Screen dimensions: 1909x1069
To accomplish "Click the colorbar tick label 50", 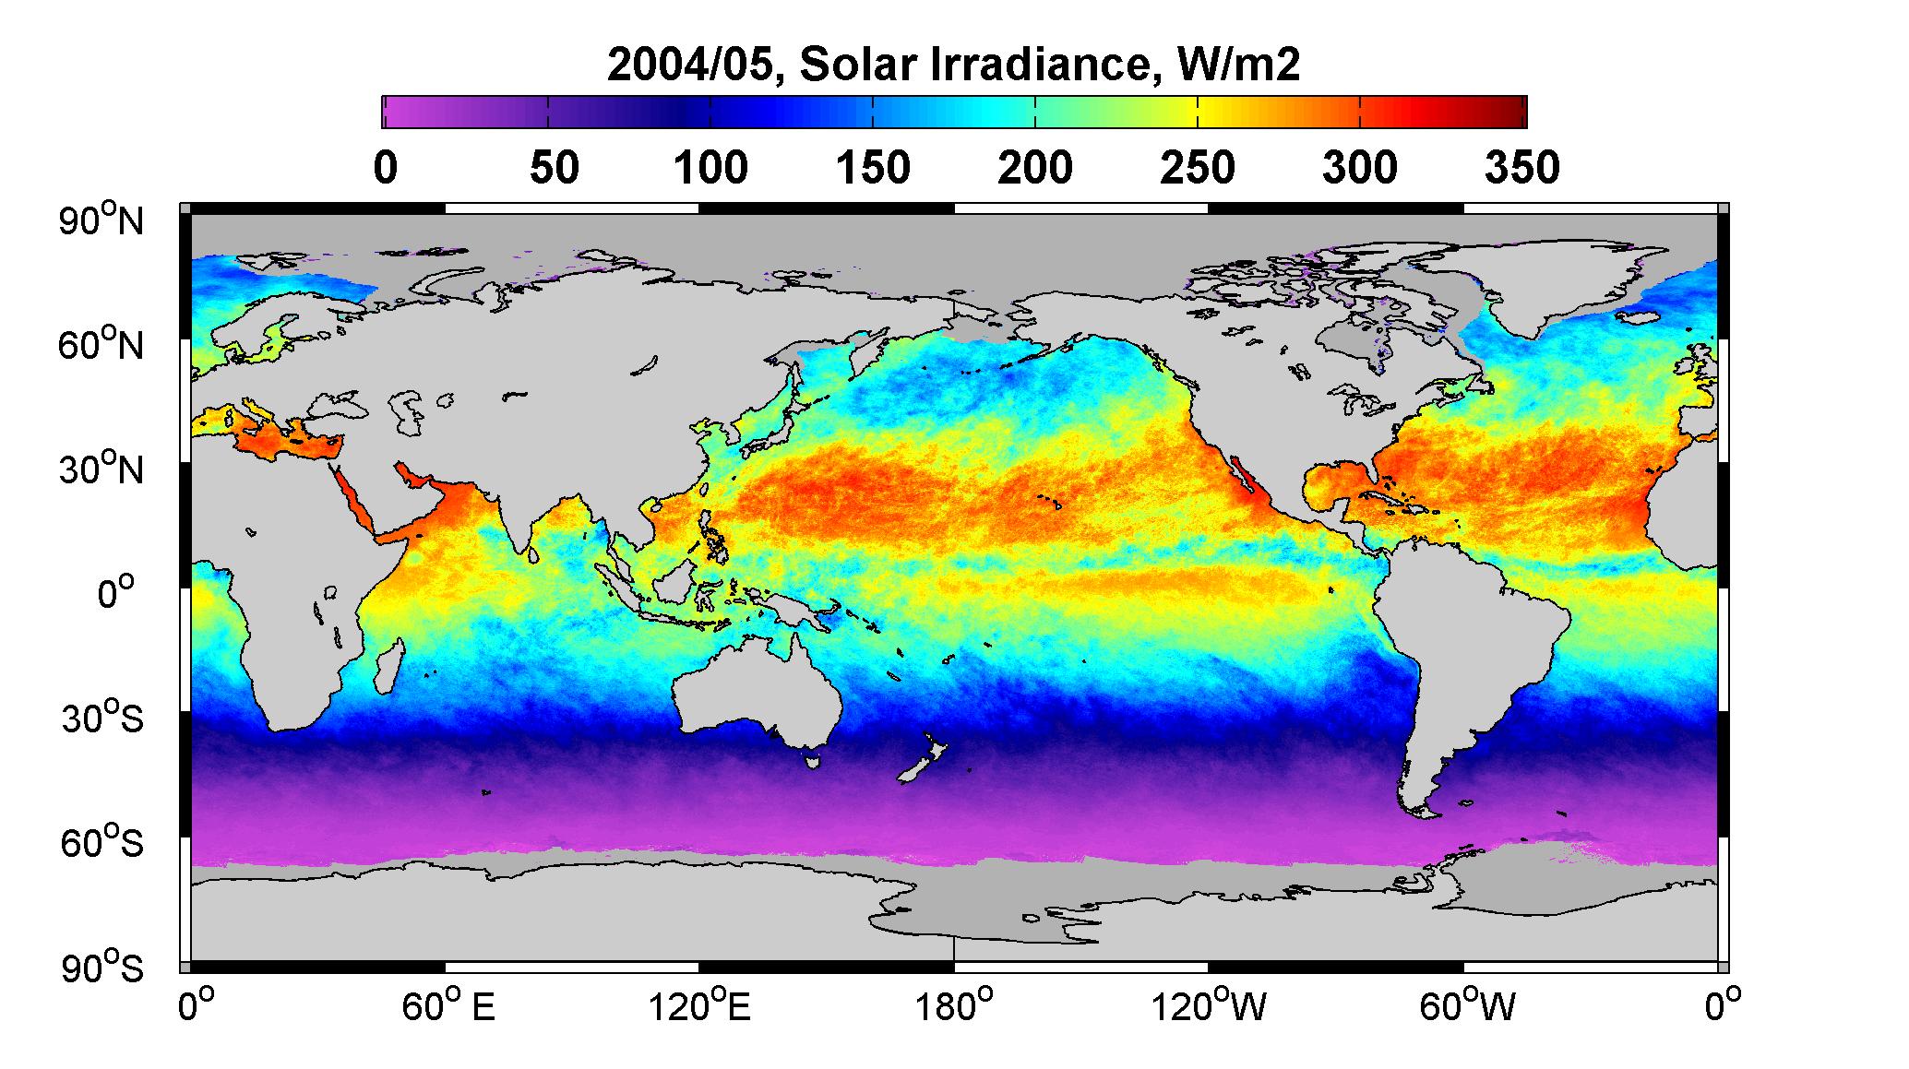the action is point(554,168).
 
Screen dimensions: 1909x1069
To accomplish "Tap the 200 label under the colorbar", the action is point(1035,168).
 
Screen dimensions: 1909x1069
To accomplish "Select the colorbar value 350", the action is point(1522,168).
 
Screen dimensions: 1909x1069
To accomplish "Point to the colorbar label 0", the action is point(385,168).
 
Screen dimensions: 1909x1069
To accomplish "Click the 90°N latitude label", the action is point(103,220).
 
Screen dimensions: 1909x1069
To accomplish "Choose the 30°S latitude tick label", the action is point(103,718).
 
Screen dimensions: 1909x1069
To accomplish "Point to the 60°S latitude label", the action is point(103,842).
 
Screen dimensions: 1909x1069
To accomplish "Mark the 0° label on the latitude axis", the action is point(116,593).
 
